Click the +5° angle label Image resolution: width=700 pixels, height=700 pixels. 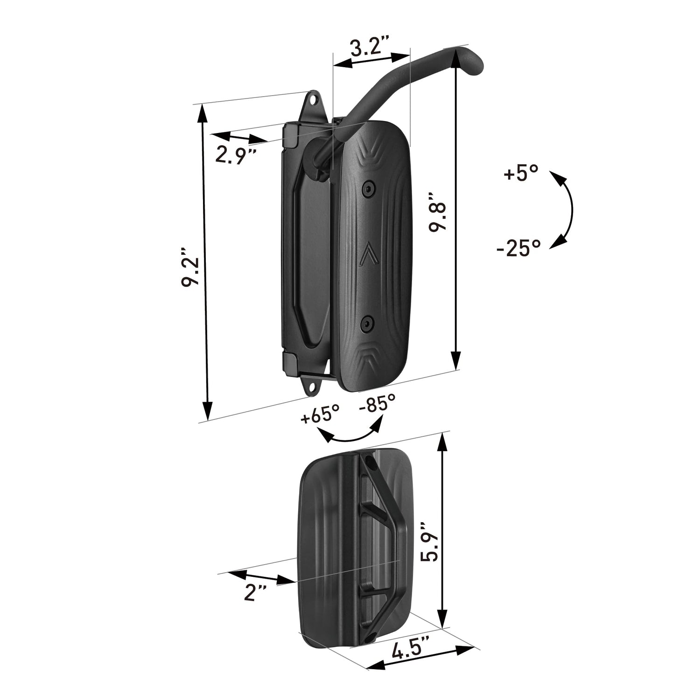coord(520,175)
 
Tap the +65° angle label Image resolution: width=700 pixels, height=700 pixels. coord(320,414)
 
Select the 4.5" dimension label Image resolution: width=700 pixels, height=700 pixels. coord(411,650)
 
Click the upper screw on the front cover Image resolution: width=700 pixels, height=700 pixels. coord(369,189)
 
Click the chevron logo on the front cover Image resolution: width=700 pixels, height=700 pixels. coord(368,254)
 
